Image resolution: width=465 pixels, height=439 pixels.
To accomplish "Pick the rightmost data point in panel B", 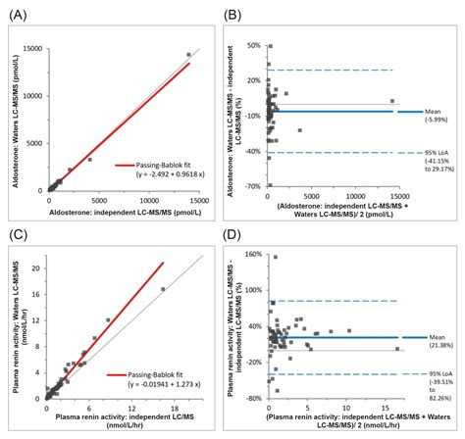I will tap(391, 101).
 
